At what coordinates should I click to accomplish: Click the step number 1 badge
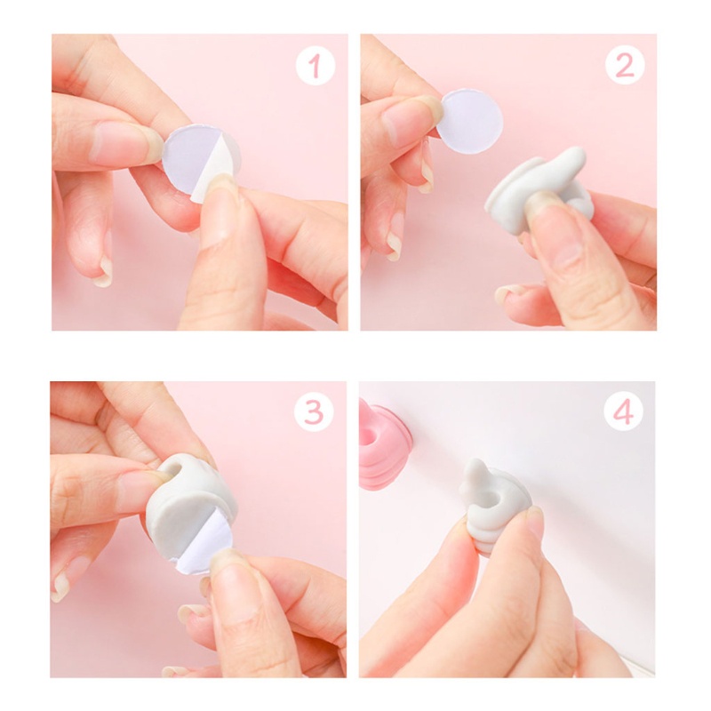(x=316, y=67)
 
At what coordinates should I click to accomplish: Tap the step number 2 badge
(x=625, y=67)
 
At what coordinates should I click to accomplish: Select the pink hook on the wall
(x=383, y=443)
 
